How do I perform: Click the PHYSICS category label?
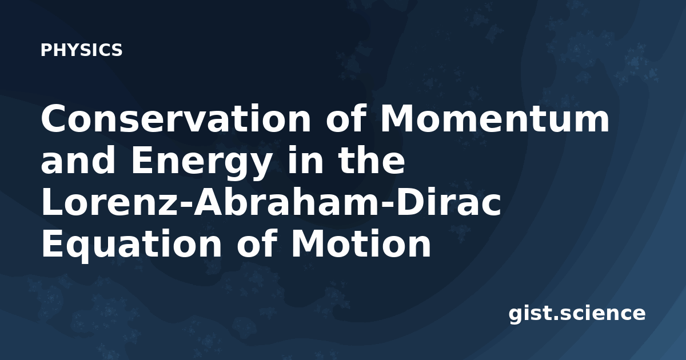pos(81,50)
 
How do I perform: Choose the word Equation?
pos(131,246)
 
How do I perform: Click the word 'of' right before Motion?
pos(256,243)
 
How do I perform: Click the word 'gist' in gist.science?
pos(531,314)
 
